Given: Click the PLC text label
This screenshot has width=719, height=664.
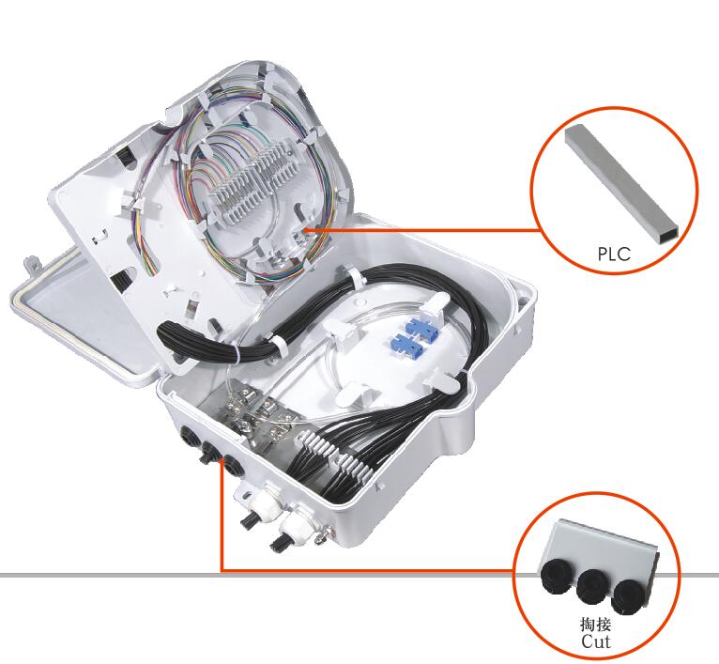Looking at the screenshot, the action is (614, 254).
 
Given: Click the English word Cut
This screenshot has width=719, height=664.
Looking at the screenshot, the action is (596, 641).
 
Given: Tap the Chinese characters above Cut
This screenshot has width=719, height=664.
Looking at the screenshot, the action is (596, 625).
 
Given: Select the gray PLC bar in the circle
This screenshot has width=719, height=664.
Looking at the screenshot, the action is (622, 182).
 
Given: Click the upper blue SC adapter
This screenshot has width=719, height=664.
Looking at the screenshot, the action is (421, 326).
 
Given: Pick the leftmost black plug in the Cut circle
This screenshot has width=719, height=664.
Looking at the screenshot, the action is (556, 579).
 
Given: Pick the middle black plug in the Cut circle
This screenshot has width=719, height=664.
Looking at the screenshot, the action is (592, 587).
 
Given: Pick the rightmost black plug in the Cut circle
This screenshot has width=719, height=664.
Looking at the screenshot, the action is (628, 596).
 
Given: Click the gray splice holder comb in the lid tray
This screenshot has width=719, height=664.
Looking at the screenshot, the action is (251, 183).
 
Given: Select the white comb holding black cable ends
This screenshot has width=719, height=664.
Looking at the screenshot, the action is (334, 455).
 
